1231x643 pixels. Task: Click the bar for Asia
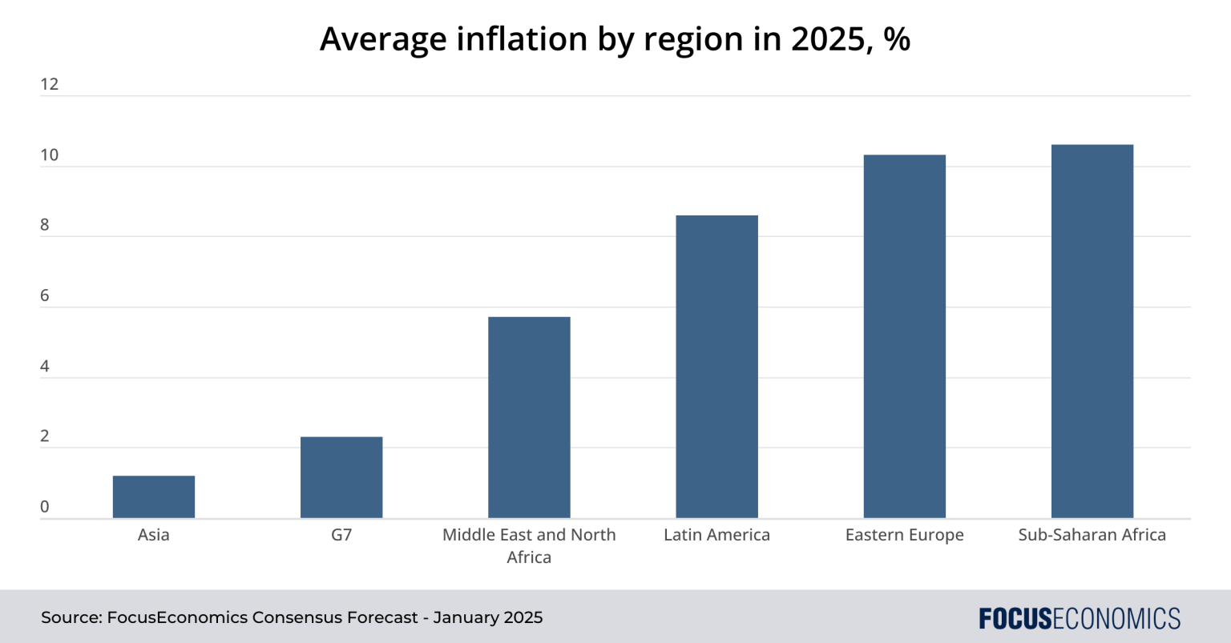tap(154, 497)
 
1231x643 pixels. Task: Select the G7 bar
tap(341, 477)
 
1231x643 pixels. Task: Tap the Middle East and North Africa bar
tap(529, 417)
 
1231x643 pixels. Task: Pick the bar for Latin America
tap(716, 367)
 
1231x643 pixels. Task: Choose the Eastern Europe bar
tap(904, 336)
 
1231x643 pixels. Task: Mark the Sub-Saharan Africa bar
tap(1092, 332)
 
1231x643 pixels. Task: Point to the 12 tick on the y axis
tap(50, 84)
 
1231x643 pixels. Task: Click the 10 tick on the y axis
tap(50, 155)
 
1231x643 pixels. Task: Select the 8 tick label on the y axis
tap(45, 225)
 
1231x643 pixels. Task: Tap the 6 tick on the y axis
tap(45, 295)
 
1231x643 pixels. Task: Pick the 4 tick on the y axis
tap(45, 366)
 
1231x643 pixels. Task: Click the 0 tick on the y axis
tap(45, 507)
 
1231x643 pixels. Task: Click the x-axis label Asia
tap(154, 535)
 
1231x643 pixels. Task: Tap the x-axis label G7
tap(341, 535)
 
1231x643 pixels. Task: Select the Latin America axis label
tap(716, 535)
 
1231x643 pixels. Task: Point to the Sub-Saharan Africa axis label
tap(1092, 535)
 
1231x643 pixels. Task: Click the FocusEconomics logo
tap(1080, 618)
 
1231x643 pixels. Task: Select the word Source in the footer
tap(70, 617)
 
